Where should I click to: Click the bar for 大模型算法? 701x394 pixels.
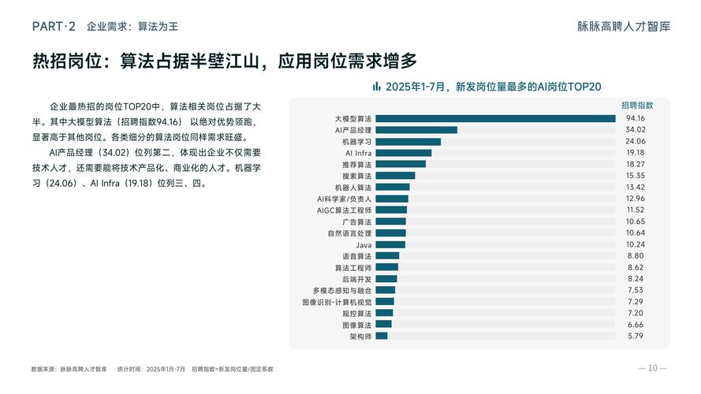(495, 118)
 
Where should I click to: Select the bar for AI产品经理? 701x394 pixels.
(416, 130)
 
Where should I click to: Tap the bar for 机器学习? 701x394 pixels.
(408, 141)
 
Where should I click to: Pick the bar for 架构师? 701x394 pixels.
(382, 336)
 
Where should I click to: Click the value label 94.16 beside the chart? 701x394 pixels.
(636, 118)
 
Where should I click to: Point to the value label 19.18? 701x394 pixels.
(636, 153)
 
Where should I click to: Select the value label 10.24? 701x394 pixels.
(636, 244)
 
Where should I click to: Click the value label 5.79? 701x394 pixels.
(636, 336)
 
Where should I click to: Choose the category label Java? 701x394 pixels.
(364, 244)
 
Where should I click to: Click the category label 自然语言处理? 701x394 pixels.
(349, 233)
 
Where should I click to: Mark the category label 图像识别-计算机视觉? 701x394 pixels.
(337, 302)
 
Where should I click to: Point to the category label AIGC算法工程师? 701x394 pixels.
(344, 210)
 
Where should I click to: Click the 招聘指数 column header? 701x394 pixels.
(636, 105)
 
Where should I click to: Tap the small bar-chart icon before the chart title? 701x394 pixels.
(377, 87)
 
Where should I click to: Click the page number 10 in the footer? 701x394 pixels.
(652, 368)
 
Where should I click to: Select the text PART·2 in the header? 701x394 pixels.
(54, 26)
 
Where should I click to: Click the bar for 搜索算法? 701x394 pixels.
(395, 176)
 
